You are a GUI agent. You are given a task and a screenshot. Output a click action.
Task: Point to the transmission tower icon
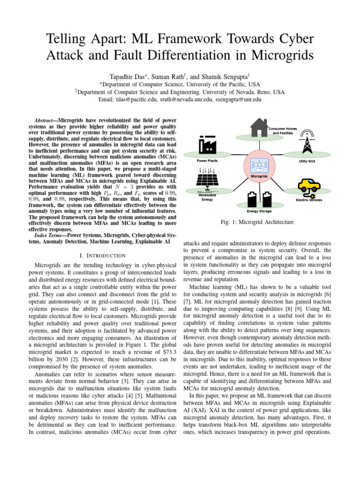pos(307,141)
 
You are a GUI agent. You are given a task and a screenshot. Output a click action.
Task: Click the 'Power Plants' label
pos(207,160)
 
